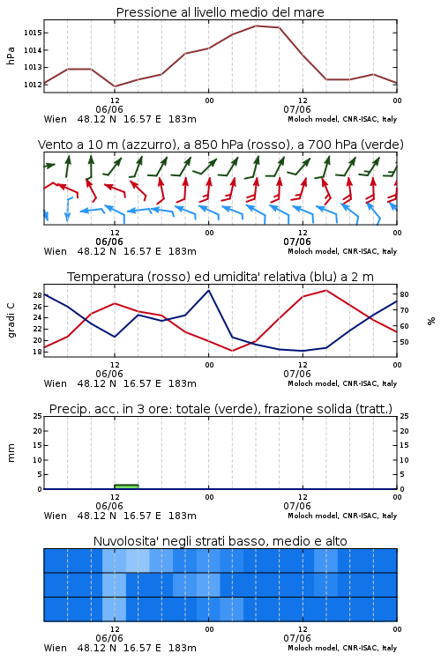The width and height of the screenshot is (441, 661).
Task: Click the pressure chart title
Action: click(x=220, y=12)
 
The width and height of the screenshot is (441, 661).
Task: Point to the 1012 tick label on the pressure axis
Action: click(x=32, y=85)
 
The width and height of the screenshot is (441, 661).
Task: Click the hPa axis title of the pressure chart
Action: click(x=11, y=56)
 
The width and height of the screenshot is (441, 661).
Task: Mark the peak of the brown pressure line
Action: click(x=256, y=26)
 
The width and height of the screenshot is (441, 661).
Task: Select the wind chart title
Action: click(x=220, y=145)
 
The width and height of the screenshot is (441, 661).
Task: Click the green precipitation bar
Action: click(x=127, y=486)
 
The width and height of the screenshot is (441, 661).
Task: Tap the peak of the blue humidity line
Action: click(x=208, y=290)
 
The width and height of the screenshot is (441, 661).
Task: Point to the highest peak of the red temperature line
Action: click(x=325, y=290)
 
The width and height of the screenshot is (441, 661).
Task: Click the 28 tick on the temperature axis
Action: click(x=37, y=295)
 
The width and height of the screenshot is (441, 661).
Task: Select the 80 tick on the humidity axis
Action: click(x=404, y=294)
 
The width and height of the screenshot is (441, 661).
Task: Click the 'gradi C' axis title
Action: click(x=11, y=321)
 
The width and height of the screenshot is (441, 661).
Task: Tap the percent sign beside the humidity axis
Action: click(x=431, y=321)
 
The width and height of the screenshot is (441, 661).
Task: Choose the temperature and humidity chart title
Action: click(x=220, y=277)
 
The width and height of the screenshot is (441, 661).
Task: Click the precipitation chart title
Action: click(x=220, y=409)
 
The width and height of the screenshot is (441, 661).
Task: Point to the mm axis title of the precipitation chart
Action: click(x=11, y=453)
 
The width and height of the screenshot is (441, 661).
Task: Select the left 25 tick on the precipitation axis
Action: click(x=37, y=416)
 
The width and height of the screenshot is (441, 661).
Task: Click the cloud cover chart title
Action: click(x=220, y=541)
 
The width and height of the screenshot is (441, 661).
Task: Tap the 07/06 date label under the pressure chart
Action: click(x=297, y=109)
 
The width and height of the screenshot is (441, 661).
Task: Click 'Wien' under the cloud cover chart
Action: click(x=56, y=648)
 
